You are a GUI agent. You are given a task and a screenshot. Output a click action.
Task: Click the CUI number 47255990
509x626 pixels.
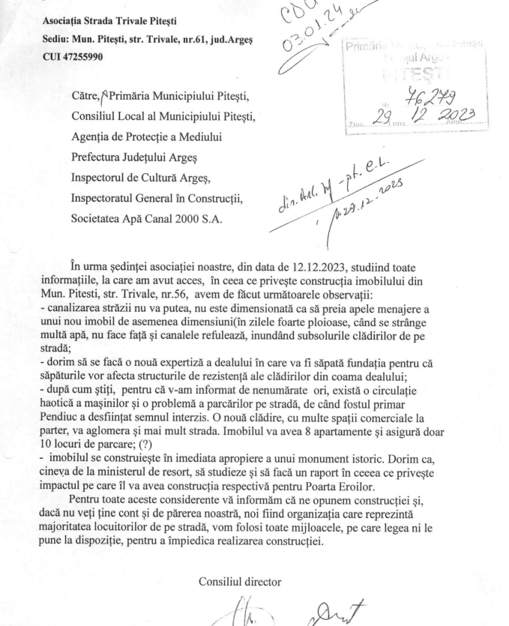click(83, 56)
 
